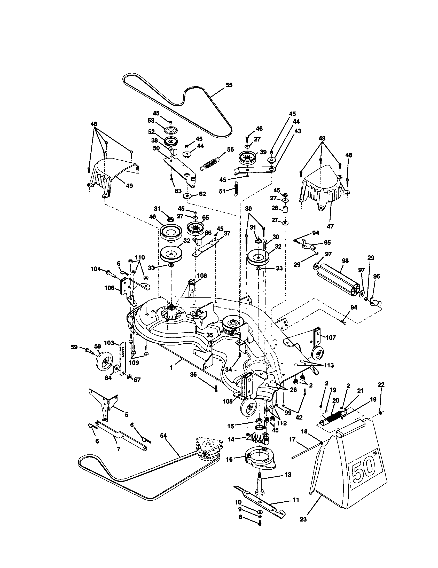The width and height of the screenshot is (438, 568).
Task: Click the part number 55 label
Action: click(229, 85)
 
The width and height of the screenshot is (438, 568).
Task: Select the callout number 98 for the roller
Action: click(345, 261)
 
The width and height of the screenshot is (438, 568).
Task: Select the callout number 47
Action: click(330, 226)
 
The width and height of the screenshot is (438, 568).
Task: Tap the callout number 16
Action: click(229, 460)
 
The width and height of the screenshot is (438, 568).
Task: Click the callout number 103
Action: click(109, 343)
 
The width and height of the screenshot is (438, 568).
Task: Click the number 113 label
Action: click(328, 365)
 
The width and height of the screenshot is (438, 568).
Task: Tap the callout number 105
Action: click(228, 401)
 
